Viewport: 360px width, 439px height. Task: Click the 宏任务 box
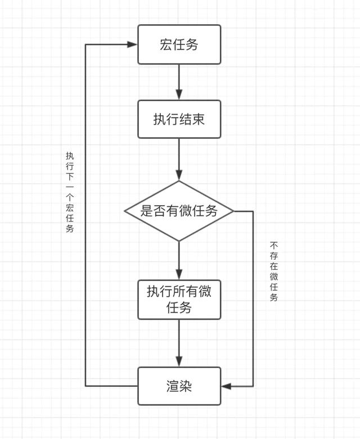[x=179, y=44]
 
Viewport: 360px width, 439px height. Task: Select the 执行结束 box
[x=179, y=119]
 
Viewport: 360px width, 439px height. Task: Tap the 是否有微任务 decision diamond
[x=179, y=211]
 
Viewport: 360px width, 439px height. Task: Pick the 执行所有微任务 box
[x=179, y=300]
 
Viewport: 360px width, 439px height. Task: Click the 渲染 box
[x=179, y=386]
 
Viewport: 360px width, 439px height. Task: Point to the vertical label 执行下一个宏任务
[x=70, y=192]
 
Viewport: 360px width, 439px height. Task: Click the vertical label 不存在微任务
[x=274, y=271]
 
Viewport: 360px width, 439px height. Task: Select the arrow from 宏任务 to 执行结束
[x=179, y=82]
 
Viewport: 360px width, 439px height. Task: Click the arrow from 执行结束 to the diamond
[x=179, y=159]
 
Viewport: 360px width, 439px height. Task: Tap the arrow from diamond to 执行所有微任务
[x=179, y=260]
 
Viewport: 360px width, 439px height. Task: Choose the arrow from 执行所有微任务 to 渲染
[x=179, y=343]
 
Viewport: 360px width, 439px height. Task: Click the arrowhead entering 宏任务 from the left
[x=132, y=44]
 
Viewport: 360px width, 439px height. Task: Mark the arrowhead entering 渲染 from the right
[x=226, y=386]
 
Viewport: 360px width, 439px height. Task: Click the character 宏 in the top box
[x=166, y=44]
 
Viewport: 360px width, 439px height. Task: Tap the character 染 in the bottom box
[x=186, y=386]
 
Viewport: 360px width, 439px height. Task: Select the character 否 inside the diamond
[x=159, y=211]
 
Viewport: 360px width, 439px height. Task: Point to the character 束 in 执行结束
[x=199, y=119]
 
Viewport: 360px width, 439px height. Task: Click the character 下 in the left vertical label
[x=70, y=176]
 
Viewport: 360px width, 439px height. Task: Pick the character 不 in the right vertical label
[x=274, y=246]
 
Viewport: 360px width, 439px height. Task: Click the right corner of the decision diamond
[x=234, y=211]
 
